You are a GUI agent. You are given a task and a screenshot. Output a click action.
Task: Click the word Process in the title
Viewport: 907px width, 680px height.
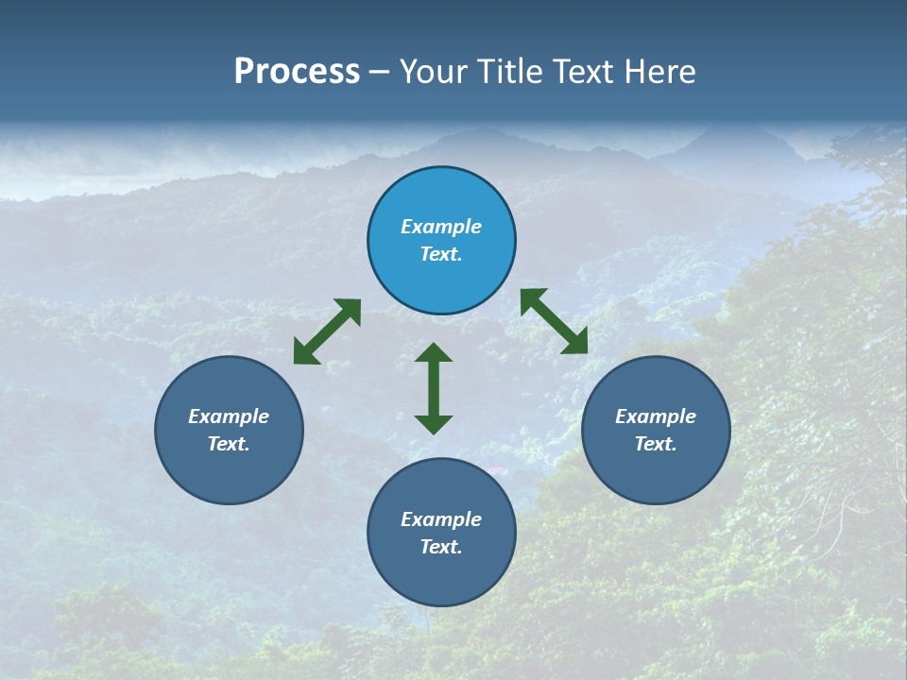pos(297,72)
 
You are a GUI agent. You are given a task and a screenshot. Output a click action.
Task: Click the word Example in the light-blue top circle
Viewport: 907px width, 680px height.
pos(441,227)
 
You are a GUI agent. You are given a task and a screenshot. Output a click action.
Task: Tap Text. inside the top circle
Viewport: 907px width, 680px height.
pos(441,254)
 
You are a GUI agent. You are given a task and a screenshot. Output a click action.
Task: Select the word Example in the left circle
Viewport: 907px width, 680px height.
pos(229,416)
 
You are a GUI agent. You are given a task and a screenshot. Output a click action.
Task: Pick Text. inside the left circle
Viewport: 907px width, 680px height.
pos(229,444)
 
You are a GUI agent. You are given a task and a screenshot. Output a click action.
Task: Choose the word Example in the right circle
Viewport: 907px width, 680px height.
pos(656,416)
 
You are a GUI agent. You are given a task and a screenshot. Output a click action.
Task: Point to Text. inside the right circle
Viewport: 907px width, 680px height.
pos(656,444)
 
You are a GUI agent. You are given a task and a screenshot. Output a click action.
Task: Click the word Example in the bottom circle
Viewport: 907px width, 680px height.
pos(441,519)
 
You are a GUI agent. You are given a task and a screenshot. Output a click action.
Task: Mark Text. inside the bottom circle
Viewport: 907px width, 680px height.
pos(441,547)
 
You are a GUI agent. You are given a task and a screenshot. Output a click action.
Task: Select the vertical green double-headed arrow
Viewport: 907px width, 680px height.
pos(434,388)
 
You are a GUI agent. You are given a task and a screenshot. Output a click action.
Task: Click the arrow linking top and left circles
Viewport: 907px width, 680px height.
pos(327,331)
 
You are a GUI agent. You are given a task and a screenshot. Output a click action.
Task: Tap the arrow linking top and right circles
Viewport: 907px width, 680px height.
pos(554,321)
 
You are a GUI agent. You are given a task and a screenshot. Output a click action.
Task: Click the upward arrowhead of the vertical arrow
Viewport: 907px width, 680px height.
pos(434,351)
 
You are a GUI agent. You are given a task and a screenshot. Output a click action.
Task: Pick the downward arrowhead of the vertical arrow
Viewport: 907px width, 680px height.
pos(434,424)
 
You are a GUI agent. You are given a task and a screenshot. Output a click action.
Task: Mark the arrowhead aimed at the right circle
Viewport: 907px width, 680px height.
pos(576,344)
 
